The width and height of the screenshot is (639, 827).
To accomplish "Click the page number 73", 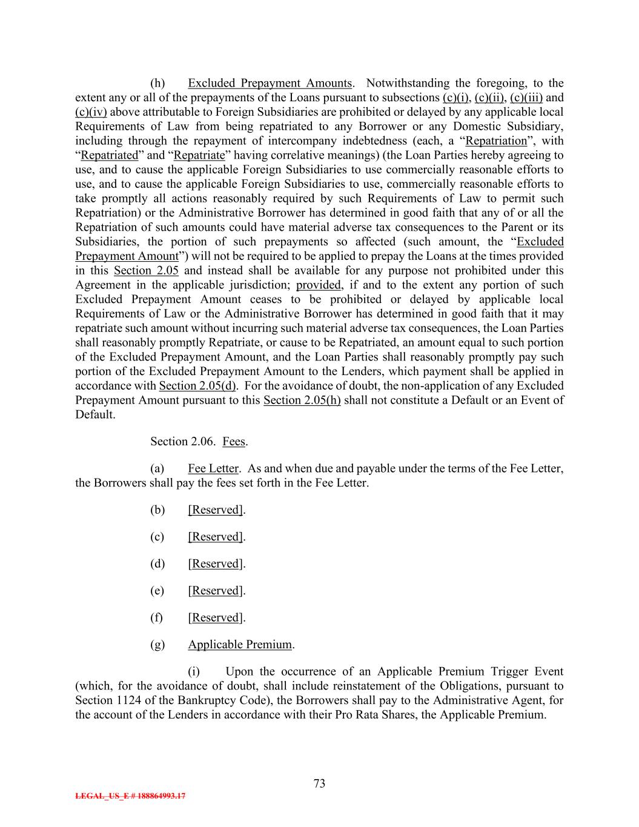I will tap(319, 783).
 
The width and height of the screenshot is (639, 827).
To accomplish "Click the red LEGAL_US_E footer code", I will tap(130, 796).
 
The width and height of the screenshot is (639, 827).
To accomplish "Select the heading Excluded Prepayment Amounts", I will tap(270, 83).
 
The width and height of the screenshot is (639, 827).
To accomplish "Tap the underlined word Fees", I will tap(234, 442).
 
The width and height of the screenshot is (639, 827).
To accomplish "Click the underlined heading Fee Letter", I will tap(213, 468).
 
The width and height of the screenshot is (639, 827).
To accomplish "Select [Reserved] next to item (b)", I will tap(216, 510).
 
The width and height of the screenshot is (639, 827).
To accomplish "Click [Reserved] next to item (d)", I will tap(216, 563).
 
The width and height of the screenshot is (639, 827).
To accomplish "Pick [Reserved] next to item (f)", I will tap(216, 617).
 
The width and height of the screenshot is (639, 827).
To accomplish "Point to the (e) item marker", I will tap(157, 591).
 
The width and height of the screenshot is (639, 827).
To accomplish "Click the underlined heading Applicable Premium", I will tap(240, 645).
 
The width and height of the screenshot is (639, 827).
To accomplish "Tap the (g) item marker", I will tap(157, 645).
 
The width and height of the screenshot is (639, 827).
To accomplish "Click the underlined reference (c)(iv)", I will tap(91, 112).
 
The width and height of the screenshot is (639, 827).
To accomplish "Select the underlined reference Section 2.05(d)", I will tap(198, 386).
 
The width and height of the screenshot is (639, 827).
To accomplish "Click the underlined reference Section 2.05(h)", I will tap(302, 400).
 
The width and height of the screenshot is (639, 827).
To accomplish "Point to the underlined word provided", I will tap(318, 285).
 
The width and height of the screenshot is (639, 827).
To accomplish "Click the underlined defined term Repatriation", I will tap(496, 141).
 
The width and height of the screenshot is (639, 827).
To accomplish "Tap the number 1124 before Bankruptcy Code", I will tap(128, 700).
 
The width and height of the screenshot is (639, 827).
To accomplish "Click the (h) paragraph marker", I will tap(157, 83).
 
